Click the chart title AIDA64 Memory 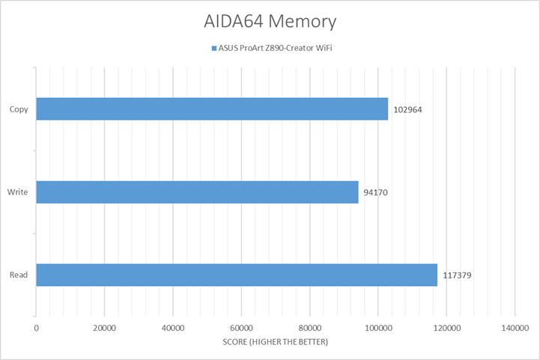270,21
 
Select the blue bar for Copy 212,109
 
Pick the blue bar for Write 197,192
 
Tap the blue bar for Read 237,275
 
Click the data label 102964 407,110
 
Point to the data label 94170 376,192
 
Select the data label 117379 457,275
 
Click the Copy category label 19,109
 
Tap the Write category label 17,192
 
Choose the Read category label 19,275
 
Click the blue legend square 214,49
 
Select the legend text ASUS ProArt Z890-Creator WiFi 275,48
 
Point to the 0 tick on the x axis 36,328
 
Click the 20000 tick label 104,328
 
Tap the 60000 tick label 241,328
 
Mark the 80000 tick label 310,328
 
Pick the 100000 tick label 378,328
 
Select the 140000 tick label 515,328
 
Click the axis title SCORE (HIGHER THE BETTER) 275,342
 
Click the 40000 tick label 173,328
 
